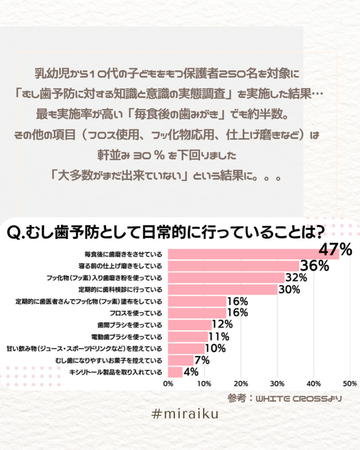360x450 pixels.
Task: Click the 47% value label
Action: pos(335,250)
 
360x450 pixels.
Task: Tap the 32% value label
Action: pos(295,278)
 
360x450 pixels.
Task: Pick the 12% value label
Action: pos(222,325)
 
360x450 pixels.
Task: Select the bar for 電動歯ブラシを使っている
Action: pos(188,337)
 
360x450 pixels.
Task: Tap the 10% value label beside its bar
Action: pos(215,348)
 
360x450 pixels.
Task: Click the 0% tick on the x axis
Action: pos(167,383)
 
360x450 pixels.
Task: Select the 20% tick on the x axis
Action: pos(240,383)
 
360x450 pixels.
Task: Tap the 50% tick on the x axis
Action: pos(349,383)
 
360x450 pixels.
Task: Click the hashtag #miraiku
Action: pos(185,414)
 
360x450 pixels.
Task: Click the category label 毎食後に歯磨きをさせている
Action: pos(123,254)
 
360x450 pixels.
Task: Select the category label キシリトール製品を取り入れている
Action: pos(116,372)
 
